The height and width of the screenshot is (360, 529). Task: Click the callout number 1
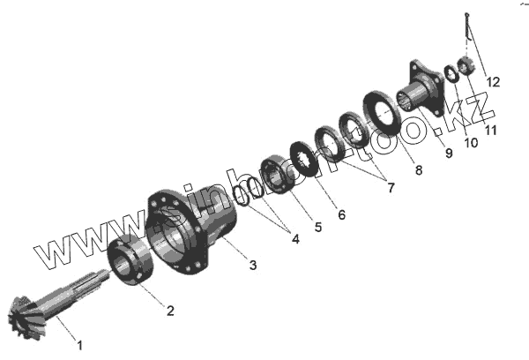point(79,346)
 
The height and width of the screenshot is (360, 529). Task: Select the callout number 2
point(170,311)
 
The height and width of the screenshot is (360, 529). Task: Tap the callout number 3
point(253,265)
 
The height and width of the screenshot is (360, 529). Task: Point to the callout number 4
point(295,239)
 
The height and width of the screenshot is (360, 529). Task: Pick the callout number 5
point(318,227)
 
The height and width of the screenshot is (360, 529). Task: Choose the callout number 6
point(342,214)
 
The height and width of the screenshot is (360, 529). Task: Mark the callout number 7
point(391,188)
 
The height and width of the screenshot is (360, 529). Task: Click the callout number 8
point(419,170)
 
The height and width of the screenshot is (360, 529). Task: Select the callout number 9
point(449,153)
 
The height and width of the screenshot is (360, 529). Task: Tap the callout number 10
point(471,143)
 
